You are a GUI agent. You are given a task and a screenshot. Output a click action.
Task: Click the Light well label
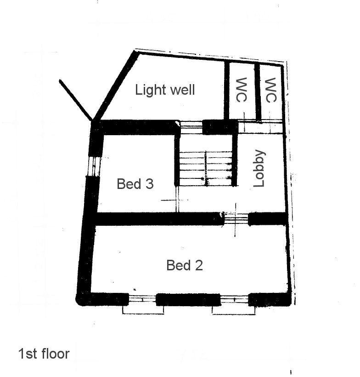(x=165, y=90)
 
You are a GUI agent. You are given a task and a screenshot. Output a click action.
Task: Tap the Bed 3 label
(x=135, y=184)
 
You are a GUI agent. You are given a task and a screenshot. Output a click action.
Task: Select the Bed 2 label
(x=185, y=265)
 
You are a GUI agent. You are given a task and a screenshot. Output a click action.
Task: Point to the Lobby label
(x=259, y=168)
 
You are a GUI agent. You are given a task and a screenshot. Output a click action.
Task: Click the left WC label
(x=242, y=90)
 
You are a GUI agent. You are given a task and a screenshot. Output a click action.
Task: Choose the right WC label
(x=271, y=90)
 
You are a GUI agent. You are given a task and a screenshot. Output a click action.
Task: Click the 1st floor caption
(x=44, y=354)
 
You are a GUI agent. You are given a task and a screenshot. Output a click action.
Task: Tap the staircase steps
(x=206, y=169)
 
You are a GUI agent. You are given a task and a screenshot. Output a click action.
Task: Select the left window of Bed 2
(x=142, y=299)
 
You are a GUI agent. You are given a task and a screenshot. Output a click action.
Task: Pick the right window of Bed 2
(x=234, y=300)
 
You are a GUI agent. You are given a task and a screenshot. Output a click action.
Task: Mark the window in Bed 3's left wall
(x=94, y=166)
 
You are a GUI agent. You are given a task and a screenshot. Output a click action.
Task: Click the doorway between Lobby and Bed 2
(x=236, y=219)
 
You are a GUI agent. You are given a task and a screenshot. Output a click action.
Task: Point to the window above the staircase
(x=191, y=127)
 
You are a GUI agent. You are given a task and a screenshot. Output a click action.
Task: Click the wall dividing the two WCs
(x=258, y=92)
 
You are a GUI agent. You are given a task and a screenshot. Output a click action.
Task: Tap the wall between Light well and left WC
(x=227, y=90)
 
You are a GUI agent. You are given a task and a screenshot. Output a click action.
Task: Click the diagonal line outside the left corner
(x=75, y=100)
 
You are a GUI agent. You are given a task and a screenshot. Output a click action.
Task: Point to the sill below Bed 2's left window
(x=143, y=310)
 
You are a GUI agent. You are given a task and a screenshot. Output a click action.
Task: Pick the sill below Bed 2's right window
(x=234, y=310)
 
